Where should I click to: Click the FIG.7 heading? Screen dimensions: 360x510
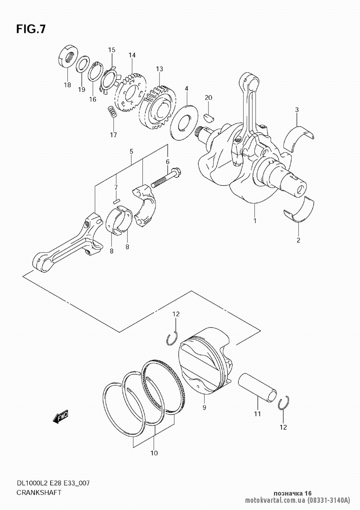[x=31, y=29]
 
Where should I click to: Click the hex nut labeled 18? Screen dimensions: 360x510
[x=68, y=56]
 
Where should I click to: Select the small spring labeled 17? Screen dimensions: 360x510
[x=112, y=112]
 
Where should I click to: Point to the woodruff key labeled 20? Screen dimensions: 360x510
[x=209, y=117]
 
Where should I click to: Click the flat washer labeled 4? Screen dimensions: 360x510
[x=184, y=120]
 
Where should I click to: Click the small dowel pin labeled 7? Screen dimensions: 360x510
[x=116, y=201]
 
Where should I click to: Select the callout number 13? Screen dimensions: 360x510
[x=159, y=69]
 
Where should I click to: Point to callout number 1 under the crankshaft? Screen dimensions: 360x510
[x=255, y=221]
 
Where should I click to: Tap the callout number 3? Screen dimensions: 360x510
[x=297, y=110]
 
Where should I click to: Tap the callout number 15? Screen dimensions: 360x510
[x=112, y=50]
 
